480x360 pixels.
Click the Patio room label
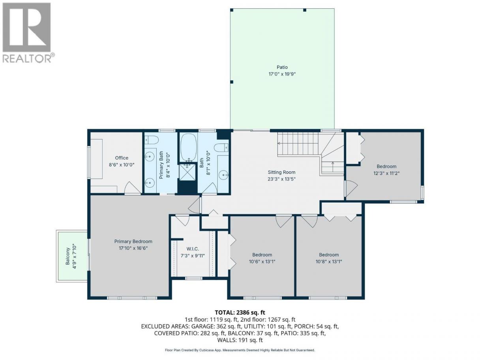click(282, 67)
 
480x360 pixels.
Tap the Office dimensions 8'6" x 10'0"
click(122, 165)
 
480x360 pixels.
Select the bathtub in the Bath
click(189, 147)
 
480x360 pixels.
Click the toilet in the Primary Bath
click(152, 139)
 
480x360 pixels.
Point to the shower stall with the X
click(187, 172)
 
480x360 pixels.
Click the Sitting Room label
click(281, 172)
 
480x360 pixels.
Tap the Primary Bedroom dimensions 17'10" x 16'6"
click(133, 248)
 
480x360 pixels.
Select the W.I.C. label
click(193, 249)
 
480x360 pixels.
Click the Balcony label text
click(67, 256)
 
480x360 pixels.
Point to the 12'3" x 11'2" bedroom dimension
click(386, 173)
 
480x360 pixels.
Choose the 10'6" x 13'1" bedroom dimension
click(262, 261)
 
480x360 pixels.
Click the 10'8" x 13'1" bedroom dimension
click(329, 261)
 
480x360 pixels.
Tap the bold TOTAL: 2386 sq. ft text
click(240, 312)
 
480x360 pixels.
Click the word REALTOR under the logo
click(27, 58)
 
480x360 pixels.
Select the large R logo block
click(27, 27)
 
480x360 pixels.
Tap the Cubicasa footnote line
click(240, 350)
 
